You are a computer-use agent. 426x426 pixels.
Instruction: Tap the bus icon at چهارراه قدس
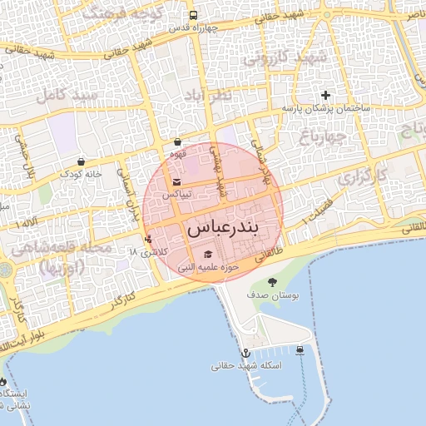194,15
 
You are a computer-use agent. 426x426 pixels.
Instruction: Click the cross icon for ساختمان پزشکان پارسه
325,95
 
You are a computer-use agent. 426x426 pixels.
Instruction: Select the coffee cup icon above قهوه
178,142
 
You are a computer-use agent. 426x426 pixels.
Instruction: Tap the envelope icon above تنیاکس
176,182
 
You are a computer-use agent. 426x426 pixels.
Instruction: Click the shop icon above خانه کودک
80,161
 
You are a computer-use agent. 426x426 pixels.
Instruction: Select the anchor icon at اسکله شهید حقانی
245,353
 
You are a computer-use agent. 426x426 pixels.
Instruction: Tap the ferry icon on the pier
300,350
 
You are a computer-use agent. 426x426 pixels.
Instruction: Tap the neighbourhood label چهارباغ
349,136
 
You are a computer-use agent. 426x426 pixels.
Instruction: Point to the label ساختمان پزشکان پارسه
325,109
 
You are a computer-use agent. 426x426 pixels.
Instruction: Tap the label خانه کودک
81,174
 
